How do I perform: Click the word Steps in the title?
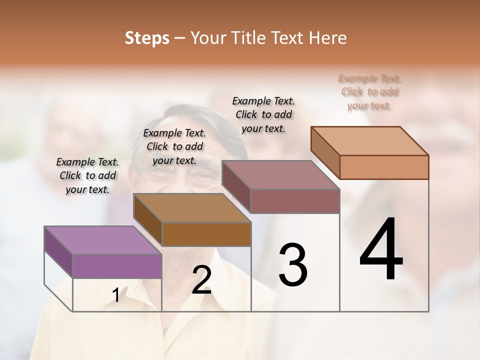[147, 38]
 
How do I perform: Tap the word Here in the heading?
[328, 38]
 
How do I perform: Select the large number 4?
[381, 249]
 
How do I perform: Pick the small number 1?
[116, 295]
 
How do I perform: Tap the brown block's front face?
[206, 233]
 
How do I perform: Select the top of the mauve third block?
[280, 175]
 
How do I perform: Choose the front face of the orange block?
[384, 167]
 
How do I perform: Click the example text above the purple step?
[88, 175]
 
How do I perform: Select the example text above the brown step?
[174, 146]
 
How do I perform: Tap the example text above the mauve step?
[263, 114]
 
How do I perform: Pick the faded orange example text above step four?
[369, 91]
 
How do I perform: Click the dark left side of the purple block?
[58, 251]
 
